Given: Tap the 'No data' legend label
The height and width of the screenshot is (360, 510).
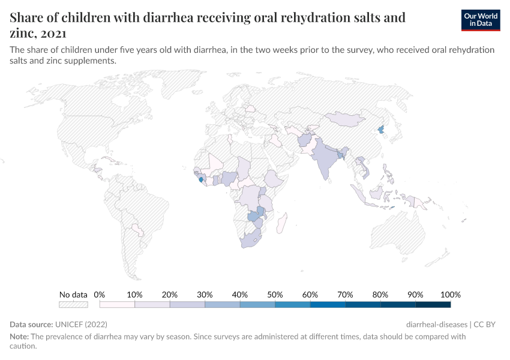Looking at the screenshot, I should tap(73, 295).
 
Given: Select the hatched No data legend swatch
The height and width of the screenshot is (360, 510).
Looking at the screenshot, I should tap(73, 305).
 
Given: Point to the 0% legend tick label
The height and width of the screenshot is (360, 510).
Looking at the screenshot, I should tap(100, 295).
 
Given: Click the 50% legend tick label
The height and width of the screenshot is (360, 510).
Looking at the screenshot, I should tap(275, 295).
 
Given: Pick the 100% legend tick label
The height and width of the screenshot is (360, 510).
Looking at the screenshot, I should tap(450, 295).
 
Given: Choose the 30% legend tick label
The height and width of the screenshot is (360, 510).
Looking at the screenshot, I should tap(205, 295).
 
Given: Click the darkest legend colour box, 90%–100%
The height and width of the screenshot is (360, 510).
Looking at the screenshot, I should tap(433, 305).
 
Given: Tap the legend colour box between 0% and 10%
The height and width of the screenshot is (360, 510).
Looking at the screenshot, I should tap(117, 305).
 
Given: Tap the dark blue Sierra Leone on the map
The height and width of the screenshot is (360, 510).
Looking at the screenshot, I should tap(200, 179).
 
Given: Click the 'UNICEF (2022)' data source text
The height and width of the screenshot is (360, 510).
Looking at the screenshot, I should tap(81, 324).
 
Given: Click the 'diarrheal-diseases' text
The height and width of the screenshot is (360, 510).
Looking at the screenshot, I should tap(436, 324).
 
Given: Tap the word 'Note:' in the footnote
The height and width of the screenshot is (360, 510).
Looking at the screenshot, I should tap(19, 337).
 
